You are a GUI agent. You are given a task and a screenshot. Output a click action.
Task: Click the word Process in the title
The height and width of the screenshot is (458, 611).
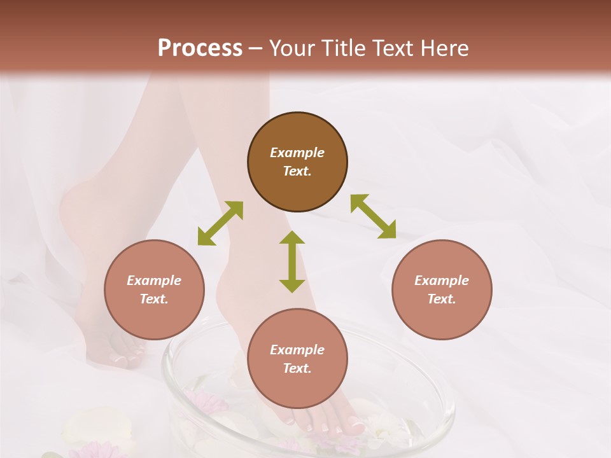point(200,48)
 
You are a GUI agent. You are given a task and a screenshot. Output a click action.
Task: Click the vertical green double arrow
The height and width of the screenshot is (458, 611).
point(292,261)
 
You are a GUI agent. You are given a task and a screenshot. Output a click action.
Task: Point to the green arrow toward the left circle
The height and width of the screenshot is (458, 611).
point(220,223)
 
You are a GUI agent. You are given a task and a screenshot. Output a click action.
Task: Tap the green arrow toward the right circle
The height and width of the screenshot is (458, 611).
point(374,216)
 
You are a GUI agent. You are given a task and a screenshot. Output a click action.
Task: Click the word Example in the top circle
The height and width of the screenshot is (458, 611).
point(297,153)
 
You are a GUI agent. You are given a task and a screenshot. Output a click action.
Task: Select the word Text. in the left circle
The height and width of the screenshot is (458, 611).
point(154,299)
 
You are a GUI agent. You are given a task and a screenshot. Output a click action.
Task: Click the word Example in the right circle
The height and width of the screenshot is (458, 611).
point(442,281)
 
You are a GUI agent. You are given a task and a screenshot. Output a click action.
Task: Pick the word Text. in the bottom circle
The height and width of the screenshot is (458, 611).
point(297,368)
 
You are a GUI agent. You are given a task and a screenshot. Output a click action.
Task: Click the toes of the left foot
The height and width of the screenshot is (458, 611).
point(125,357)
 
